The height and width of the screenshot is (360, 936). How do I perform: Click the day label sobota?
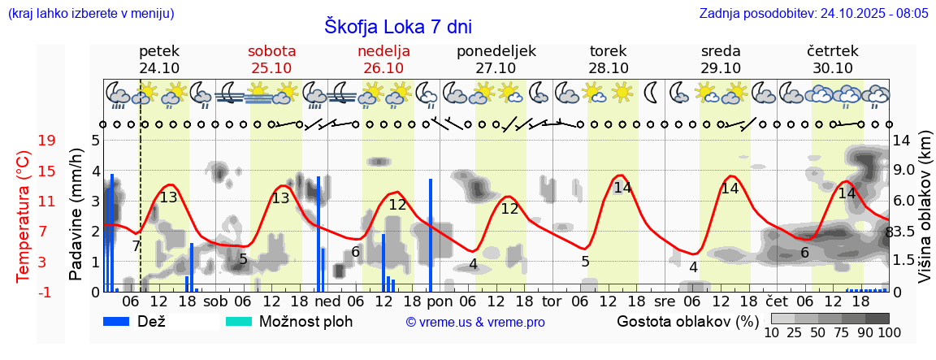click(x=271, y=50)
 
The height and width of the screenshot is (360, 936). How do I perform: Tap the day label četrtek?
click(x=832, y=50)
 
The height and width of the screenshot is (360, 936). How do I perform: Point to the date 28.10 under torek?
click(x=609, y=67)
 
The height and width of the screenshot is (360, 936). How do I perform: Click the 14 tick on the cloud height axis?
click(x=901, y=141)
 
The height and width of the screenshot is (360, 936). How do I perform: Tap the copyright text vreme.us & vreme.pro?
click(x=475, y=322)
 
